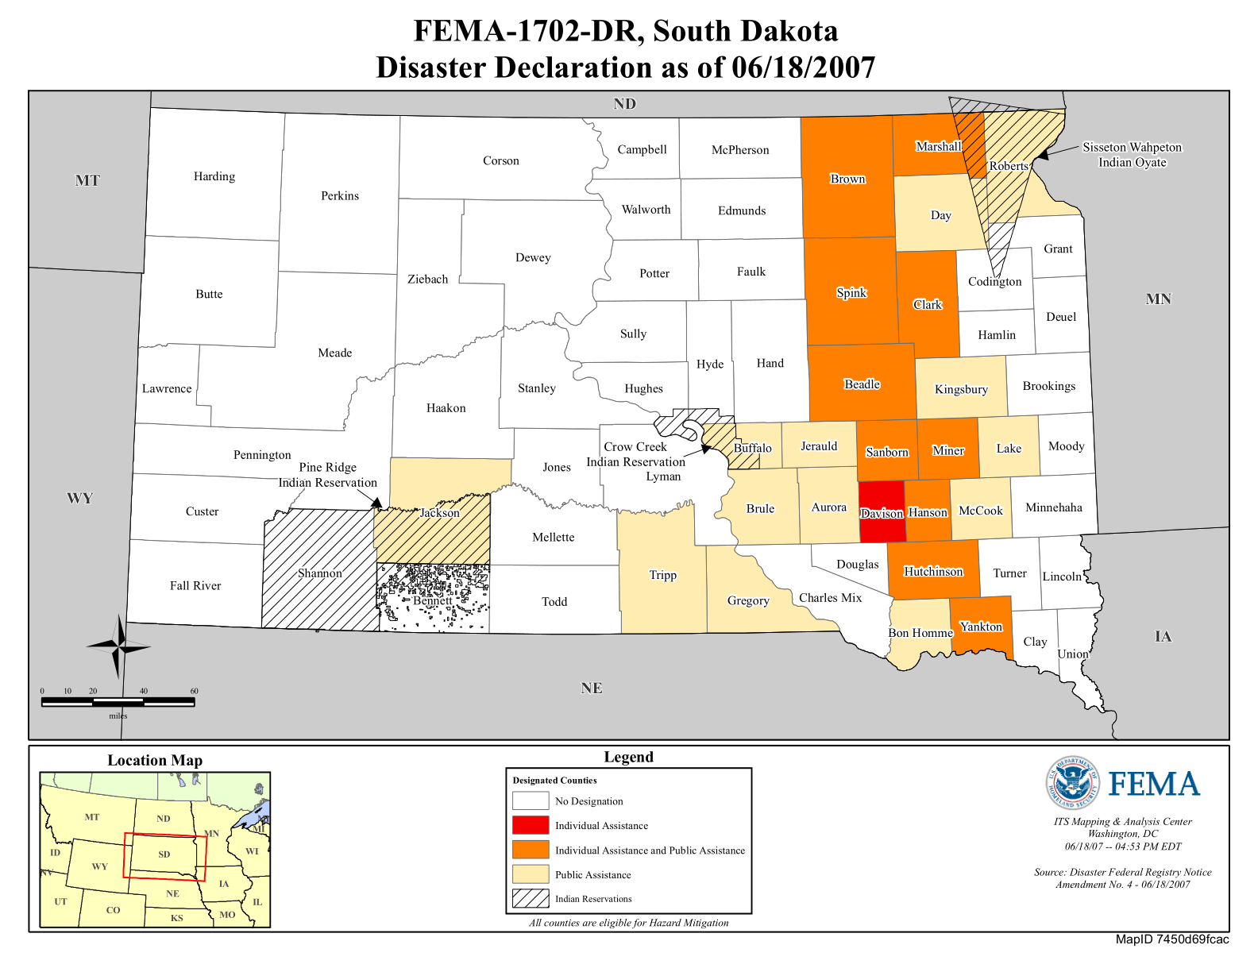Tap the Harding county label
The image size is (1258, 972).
coord(214,176)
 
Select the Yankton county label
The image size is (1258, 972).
coord(981,627)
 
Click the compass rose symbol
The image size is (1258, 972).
coord(118,647)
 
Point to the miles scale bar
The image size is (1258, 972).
coord(118,701)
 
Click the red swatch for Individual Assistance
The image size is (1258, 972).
coord(531,825)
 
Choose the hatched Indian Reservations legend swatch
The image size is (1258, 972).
coord(531,898)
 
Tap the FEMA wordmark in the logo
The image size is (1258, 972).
coord(1153,785)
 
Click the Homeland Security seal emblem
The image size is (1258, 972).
coord(1072,783)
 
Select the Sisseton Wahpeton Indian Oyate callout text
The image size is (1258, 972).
coord(1132,155)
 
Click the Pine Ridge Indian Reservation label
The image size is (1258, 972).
coord(327,475)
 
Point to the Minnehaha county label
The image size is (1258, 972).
coord(1053,507)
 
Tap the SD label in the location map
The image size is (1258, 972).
coord(164,854)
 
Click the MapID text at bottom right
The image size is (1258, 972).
coord(1171,939)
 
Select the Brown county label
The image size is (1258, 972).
coord(847,179)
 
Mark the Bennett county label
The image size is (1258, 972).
coord(433,600)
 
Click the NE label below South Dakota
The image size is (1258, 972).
coord(591,688)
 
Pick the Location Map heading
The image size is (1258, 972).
coord(155,760)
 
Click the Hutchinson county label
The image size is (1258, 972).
coord(933,571)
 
